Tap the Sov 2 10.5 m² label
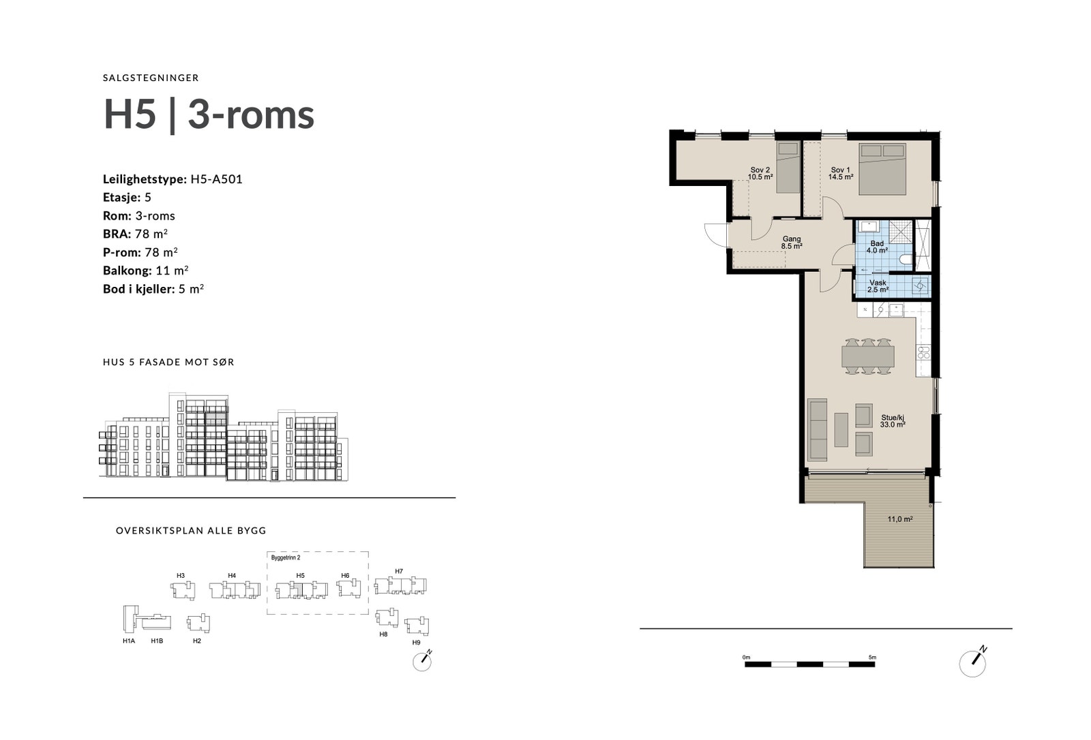760,173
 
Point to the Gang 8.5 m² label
791,243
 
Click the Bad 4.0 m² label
877,247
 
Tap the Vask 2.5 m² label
878,286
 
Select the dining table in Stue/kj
867,356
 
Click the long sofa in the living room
817,429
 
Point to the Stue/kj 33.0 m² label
892,421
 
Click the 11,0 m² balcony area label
900,519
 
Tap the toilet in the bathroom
904,260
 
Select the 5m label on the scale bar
872,657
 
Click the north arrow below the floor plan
973,662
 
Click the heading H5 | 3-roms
209,114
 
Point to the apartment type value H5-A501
216,179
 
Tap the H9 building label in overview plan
416,643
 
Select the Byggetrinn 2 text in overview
286,557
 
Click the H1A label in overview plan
129,641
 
